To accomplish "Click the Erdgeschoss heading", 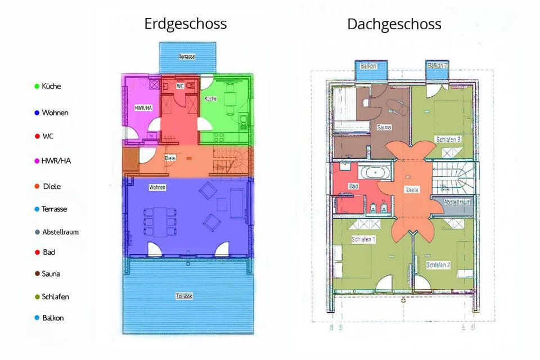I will coord(186,24).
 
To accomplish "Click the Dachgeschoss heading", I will coord(394,24).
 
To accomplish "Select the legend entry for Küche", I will coord(51,86).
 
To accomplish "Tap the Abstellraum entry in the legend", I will coord(60,231).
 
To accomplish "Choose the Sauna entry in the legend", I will coord(51,274).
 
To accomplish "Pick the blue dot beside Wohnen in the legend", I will coord(37,113).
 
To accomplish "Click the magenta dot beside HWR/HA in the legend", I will coord(37,161).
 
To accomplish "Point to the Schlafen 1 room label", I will coord(363,239).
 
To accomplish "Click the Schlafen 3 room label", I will coord(448,139).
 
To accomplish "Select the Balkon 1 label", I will coord(369,66).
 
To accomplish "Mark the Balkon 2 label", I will coord(437,66).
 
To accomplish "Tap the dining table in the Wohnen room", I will coord(162,222).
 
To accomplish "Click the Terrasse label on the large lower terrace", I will coord(184,296).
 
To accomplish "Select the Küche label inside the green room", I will coord(210,98).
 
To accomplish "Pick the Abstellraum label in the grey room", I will coord(457,202).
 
